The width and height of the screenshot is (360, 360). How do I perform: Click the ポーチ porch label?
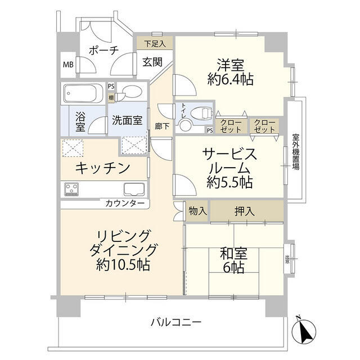coord(103,50)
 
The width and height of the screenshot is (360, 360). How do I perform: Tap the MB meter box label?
coord(67,64)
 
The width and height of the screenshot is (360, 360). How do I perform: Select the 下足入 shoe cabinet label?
coord(154,43)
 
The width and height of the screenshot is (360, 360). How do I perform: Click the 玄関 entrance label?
coord(152,62)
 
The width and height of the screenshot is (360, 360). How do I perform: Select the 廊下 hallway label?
coord(162,127)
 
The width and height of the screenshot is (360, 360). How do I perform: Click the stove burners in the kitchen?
coord(72,189)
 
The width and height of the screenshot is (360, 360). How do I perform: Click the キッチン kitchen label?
coord(103,168)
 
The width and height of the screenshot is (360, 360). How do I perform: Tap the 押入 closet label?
coord(243,211)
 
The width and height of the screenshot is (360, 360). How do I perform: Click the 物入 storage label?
coord(197,211)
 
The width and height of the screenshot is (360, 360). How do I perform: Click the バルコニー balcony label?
coord(175,322)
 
